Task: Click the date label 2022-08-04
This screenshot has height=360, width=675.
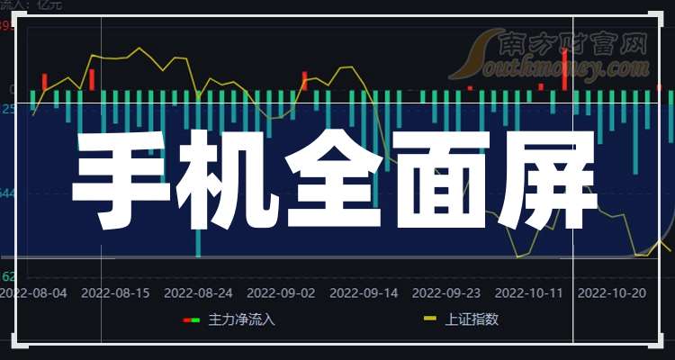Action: [x=33, y=292]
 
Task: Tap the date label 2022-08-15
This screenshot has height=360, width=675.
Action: [x=115, y=292]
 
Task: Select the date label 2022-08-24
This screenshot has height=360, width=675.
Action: [x=198, y=292]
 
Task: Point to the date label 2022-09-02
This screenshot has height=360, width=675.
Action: [x=281, y=292]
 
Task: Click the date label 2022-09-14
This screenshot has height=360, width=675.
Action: [x=364, y=292]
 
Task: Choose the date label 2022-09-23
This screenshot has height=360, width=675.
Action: [x=446, y=292]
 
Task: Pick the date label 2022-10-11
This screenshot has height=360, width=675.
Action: [x=529, y=292]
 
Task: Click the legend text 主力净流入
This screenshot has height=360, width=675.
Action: [x=242, y=319]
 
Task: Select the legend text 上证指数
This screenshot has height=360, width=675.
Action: [x=472, y=319]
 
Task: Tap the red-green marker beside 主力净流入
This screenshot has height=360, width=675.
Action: [x=192, y=319]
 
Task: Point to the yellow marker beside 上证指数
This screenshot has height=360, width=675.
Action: [x=430, y=319]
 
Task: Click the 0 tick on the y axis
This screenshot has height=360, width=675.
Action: [x=13, y=89]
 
